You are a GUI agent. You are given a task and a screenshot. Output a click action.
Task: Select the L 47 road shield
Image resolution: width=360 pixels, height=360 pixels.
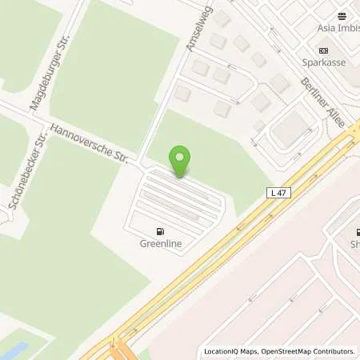tap(277, 192)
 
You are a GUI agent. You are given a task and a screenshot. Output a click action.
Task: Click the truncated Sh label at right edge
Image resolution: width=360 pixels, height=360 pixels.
tap(354, 243)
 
